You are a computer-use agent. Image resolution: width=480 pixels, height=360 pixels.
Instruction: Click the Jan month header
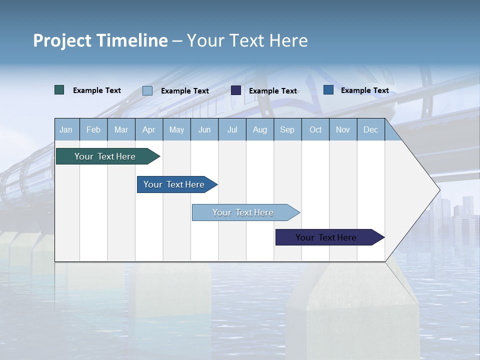pyautogui.click(x=66, y=129)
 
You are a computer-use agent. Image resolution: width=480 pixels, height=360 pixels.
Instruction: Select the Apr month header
pyautogui.click(x=148, y=129)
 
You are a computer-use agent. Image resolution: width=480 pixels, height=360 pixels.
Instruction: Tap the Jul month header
pyautogui.click(x=232, y=129)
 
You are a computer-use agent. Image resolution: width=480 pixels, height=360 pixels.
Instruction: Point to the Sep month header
pyautogui.click(x=287, y=129)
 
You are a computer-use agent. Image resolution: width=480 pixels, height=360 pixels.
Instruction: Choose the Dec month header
pyautogui.click(x=370, y=129)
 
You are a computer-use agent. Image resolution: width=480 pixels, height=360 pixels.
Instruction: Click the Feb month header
pyautogui.click(x=93, y=129)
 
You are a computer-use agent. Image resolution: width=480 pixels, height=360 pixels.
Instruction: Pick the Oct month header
pyautogui.click(x=315, y=129)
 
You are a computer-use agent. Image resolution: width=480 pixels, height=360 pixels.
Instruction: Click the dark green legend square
pyautogui.click(x=59, y=90)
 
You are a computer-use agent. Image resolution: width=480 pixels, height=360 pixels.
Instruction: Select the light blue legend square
pyautogui.click(x=147, y=90)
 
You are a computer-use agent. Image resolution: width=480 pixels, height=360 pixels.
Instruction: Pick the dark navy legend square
pyautogui.click(x=236, y=90)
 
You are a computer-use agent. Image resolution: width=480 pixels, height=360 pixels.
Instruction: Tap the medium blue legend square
pyautogui.click(x=328, y=90)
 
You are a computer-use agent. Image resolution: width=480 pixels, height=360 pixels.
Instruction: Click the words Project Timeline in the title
pyautogui.click(x=100, y=40)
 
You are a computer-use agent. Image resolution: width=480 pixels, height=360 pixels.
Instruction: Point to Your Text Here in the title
pyautogui.click(x=247, y=40)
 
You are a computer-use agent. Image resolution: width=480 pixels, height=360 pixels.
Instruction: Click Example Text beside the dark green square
pyautogui.click(x=97, y=90)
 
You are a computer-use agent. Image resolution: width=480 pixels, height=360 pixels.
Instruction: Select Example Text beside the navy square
pyautogui.click(x=273, y=91)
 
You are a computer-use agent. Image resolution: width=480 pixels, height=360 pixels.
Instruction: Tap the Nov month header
pyautogui.click(x=343, y=129)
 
